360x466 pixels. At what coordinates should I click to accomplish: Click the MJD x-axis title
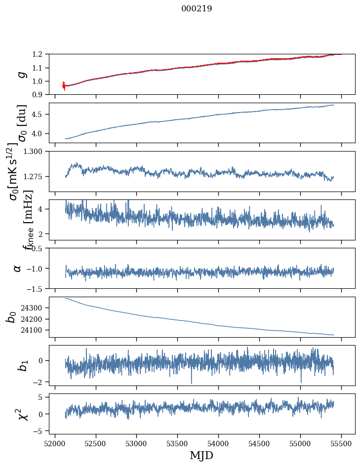(201, 455)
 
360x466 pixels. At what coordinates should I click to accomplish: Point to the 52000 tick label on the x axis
(55, 443)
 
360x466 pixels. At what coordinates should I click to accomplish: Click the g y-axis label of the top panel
(21, 74)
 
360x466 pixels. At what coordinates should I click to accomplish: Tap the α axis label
(17, 268)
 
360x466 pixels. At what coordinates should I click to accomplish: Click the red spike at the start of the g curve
(64, 85)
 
